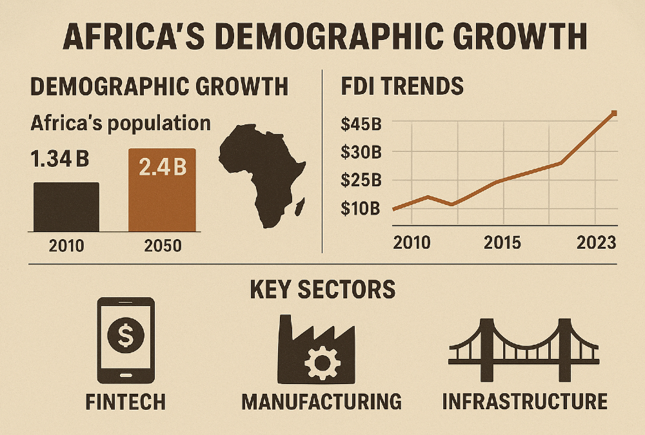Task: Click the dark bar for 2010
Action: click(66, 207)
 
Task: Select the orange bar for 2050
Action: click(162, 190)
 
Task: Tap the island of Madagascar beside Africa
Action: click(299, 206)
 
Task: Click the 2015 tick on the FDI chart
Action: click(502, 243)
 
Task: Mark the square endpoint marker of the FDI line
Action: click(613, 113)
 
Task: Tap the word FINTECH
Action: click(125, 401)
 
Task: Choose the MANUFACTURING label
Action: click(321, 401)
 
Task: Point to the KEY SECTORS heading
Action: click(322, 289)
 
